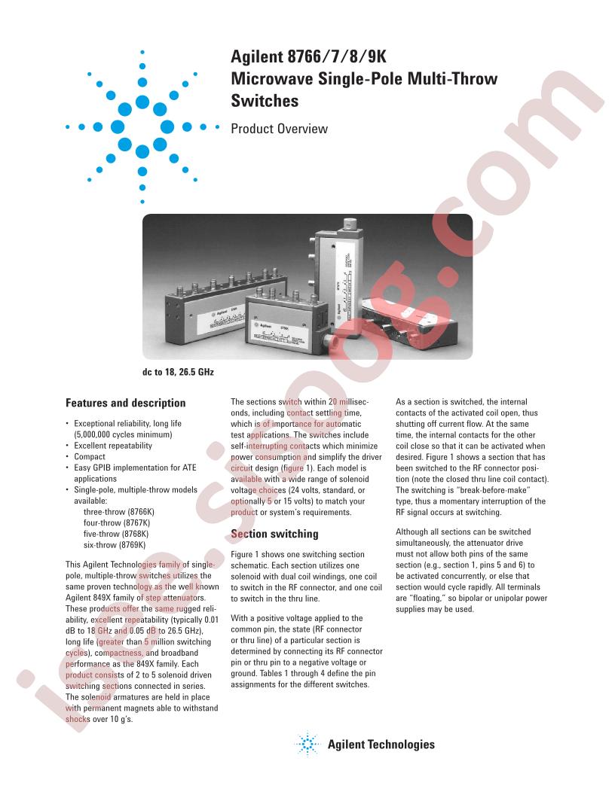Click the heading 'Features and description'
pyautogui.click(x=125, y=403)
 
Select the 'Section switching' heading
pyautogui.click(x=274, y=534)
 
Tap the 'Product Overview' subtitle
pyautogui.click(x=279, y=129)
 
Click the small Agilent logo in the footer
pyautogui.click(x=307, y=745)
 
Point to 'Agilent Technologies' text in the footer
pyautogui.click(x=381, y=745)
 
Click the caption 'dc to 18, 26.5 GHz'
pyautogui.click(x=178, y=372)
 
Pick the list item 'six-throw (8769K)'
pyautogui.click(x=114, y=545)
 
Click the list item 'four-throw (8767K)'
pyautogui.click(x=117, y=522)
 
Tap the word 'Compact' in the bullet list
pyautogui.click(x=89, y=456)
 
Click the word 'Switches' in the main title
pyautogui.click(x=265, y=100)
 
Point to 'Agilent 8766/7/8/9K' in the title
pyautogui.click(x=308, y=56)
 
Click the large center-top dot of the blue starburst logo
pyautogui.click(x=142, y=102)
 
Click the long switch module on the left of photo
pyautogui.click(x=225, y=309)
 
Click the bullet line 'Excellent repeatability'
pyautogui.click(x=112, y=446)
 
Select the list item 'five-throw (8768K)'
pyautogui.click(x=116, y=534)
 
